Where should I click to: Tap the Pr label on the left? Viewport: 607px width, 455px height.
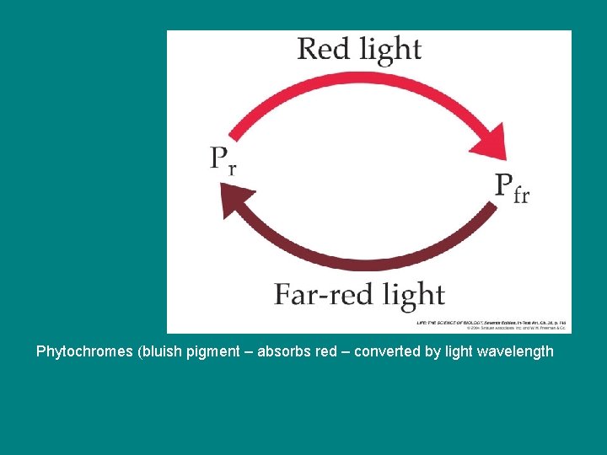coord(223,158)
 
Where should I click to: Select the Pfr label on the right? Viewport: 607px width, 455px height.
coord(511,187)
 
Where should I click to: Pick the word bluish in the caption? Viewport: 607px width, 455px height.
coord(158,351)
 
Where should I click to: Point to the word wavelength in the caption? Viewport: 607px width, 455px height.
coord(515,351)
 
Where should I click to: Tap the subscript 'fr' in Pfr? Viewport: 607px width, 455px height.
coord(521,195)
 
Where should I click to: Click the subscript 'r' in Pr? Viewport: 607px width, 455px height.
coord(231,166)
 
